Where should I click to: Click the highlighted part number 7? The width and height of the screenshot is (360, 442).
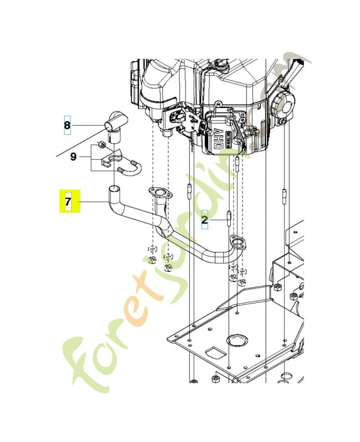click(x=69, y=202)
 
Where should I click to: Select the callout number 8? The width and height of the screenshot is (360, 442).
click(x=67, y=125)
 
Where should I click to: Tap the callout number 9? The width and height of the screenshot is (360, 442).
click(x=73, y=157)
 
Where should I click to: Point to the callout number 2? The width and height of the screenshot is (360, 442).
click(x=204, y=220)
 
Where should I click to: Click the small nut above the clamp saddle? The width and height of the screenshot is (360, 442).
click(x=101, y=145)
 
